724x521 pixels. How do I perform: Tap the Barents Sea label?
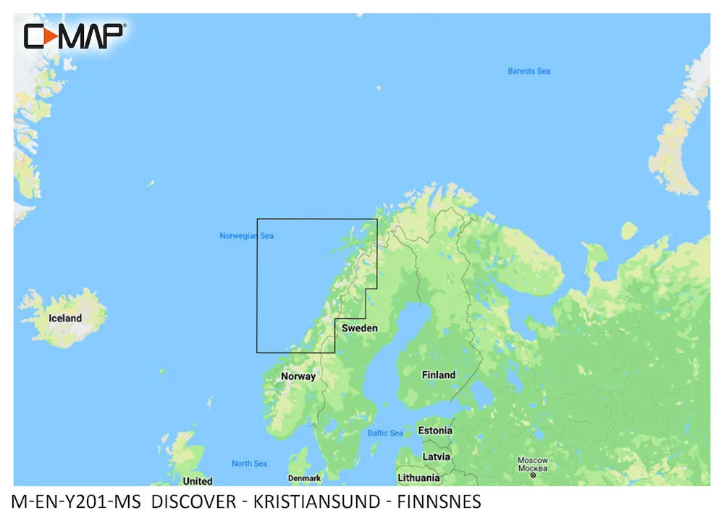529,71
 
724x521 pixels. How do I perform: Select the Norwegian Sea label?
246,236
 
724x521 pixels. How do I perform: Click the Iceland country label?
65,318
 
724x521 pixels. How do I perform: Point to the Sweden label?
360,328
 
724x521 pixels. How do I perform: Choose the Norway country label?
298,376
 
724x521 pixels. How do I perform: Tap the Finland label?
439,375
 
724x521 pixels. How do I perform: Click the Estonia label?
435,431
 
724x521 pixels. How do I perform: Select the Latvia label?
436,457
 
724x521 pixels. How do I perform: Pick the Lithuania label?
418,478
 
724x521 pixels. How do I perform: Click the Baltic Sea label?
385,433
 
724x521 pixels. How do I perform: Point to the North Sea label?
249,464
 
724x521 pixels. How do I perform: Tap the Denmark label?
304,478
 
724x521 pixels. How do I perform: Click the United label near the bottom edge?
198,481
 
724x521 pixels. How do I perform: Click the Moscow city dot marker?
533,475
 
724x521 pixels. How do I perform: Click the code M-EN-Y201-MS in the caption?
80,501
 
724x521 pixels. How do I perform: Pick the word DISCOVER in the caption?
194,501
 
